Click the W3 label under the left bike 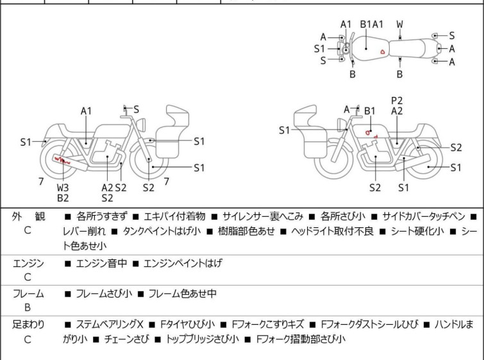[63, 187]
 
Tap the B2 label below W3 [63, 198]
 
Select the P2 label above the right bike [397, 100]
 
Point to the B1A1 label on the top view [372, 24]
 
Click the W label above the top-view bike [400, 24]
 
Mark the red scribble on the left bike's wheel [63, 159]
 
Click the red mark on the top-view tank [382, 51]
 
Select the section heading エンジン [28, 262]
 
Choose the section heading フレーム [28, 293]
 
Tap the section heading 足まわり [28, 324]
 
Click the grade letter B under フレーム [28, 307]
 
